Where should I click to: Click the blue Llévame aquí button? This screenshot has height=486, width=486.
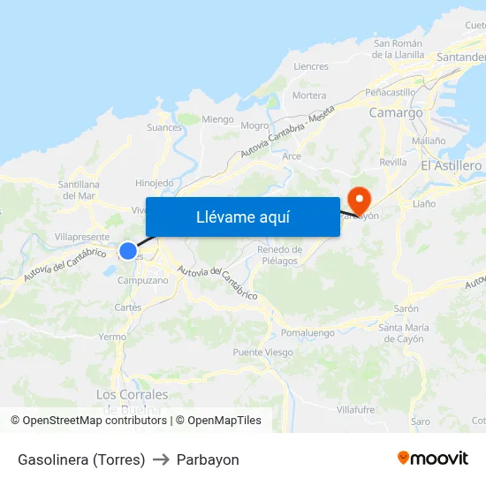tap(243, 216)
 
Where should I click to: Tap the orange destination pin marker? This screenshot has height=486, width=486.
tap(360, 199)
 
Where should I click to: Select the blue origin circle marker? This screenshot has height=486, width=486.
tap(128, 251)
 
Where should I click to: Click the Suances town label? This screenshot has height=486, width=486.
tap(163, 128)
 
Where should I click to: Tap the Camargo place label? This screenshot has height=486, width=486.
tap(395, 113)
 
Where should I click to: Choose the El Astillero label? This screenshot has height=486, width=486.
tap(451, 166)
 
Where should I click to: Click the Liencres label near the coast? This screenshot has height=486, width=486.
tap(310, 66)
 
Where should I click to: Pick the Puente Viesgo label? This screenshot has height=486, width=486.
tap(262, 353)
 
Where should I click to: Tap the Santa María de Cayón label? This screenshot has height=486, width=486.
tap(403, 333)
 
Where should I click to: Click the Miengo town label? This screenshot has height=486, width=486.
tap(217, 119)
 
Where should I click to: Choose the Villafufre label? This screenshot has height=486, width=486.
tap(355, 410)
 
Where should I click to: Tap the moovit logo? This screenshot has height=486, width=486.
tap(432, 459)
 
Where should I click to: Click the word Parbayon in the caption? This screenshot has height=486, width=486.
tap(208, 459)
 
